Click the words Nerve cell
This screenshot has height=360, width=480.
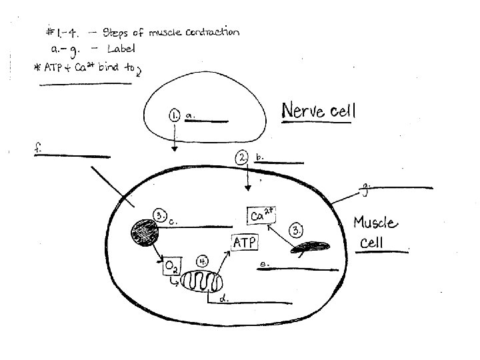pos(319,111)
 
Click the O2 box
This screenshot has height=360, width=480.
pos(170,268)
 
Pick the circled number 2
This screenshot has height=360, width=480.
pos(242,157)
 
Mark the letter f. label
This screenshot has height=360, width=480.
pos(37,150)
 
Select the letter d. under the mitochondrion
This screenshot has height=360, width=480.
pos(224,300)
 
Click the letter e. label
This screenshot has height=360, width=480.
pos(263,265)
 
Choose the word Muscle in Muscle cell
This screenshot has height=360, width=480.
pos(375,223)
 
